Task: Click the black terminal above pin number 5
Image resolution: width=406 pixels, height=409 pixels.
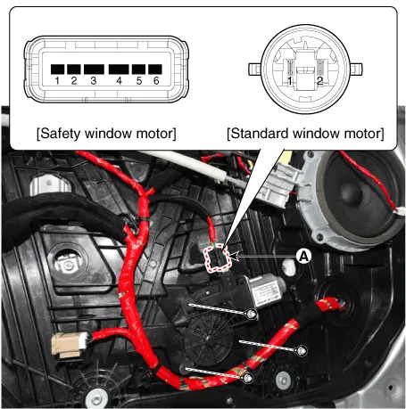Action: point(138,70)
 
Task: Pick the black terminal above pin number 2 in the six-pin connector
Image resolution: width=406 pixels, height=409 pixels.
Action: point(74,70)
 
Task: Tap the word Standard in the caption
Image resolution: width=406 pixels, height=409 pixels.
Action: point(260,134)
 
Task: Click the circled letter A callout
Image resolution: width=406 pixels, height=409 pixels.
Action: point(303,256)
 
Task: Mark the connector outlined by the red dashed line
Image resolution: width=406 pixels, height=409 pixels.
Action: point(218,258)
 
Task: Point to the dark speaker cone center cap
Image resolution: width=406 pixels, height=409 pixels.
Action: point(352,194)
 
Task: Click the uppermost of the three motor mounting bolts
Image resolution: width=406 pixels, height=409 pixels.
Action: point(252,314)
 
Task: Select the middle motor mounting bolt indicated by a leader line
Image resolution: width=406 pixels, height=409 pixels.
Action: point(302,351)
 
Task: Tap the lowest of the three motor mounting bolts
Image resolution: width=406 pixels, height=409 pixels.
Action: point(248,378)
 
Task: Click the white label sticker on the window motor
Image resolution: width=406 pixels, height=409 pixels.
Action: point(265,291)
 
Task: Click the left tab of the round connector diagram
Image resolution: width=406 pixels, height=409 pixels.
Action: point(255,69)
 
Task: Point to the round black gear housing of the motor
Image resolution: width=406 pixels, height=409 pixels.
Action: point(208,339)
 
